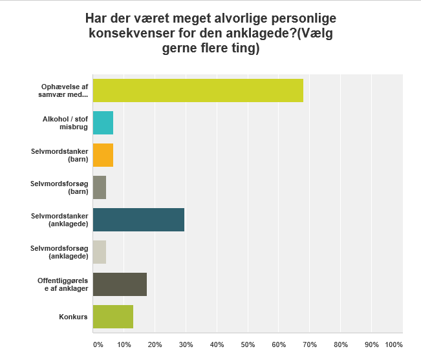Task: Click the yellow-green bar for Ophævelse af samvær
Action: (x=198, y=90)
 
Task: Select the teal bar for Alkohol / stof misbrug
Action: (x=103, y=122)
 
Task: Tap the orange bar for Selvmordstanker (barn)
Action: (x=103, y=154)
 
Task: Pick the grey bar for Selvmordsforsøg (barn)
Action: (x=100, y=187)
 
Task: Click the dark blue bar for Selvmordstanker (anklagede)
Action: (x=138, y=220)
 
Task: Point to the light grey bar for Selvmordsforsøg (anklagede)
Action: (x=100, y=252)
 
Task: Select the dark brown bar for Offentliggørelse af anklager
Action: (x=120, y=284)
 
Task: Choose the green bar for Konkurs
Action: (x=113, y=317)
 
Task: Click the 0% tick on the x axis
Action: (x=98, y=344)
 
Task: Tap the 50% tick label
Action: (x=248, y=344)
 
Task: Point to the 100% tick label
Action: (x=394, y=344)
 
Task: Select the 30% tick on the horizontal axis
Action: (x=186, y=344)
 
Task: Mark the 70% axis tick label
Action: (x=310, y=344)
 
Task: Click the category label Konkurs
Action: (x=75, y=317)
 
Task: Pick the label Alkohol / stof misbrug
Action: (x=69, y=122)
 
